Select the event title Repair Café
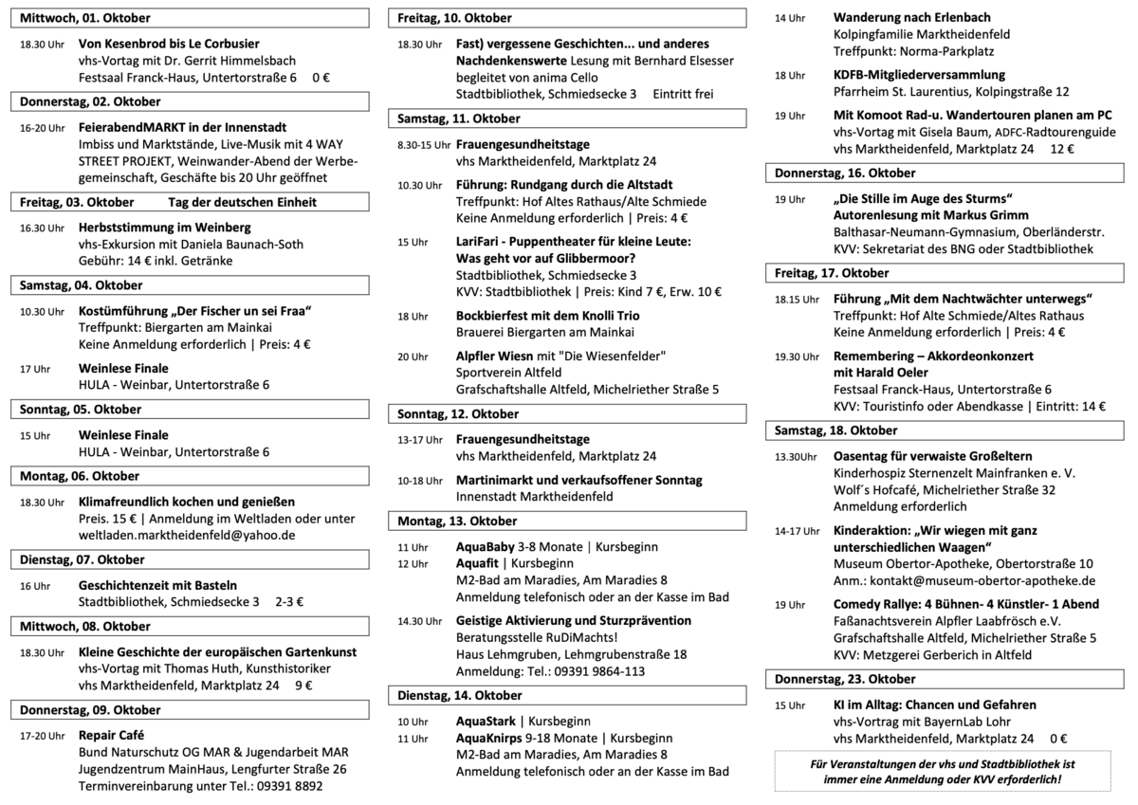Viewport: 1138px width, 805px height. point(111,734)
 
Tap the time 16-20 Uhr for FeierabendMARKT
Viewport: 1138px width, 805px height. point(43,127)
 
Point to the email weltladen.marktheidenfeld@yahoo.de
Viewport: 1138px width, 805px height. point(187,535)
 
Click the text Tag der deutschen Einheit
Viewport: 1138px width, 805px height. point(242,202)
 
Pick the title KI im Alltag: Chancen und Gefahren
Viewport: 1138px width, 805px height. point(934,704)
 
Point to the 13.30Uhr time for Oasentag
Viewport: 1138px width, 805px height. point(795,456)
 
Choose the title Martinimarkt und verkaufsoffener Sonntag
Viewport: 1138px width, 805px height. point(578,481)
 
